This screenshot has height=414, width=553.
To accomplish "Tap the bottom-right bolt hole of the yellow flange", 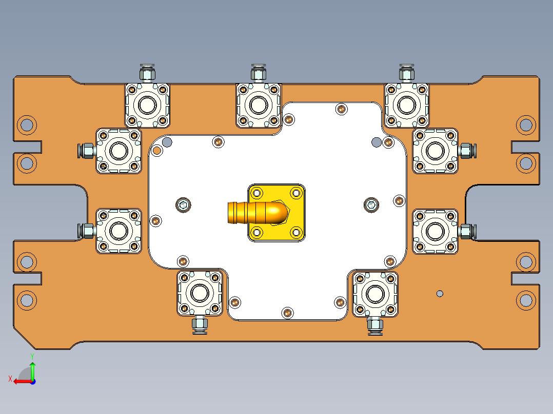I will pyautogui.click(x=296, y=232).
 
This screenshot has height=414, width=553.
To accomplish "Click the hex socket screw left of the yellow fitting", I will pyautogui.click(x=183, y=205).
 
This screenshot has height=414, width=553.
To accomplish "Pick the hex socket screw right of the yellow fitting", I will pyautogui.click(x=370, y=205).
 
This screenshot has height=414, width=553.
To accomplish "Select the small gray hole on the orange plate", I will pyautogui.click(x=439, y=293).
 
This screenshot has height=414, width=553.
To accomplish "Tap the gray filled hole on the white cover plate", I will pyautogui.click(x=376, y=141).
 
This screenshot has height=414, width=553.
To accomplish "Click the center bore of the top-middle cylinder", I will pyautogui.click(x=258, y=105).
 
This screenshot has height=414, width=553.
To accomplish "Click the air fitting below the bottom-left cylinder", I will pyautogui.click(x=199, y=324).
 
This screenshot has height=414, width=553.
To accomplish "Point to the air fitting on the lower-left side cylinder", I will pyautogui.click(x=87, y=231).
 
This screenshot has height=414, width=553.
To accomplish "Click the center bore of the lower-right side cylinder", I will pyautogui.click(x=435, y=231).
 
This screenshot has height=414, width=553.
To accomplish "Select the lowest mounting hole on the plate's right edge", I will pyautogui.click(x=526, y=300).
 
